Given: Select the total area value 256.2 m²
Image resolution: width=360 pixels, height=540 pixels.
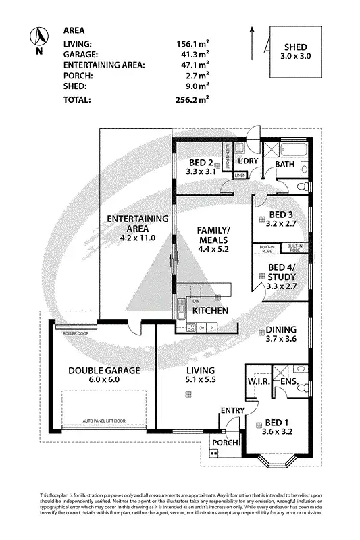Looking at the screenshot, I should click(x=192, y=99).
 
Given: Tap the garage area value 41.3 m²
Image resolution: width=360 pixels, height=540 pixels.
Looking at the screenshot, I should click(x=192, y=53).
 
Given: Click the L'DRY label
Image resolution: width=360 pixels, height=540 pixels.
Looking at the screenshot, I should click(x=249, y=161).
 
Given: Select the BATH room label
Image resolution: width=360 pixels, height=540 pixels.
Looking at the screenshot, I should click(x=284, y=164).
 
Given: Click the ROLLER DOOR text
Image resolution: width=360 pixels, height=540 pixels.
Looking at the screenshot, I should click(x=75, y=333).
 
